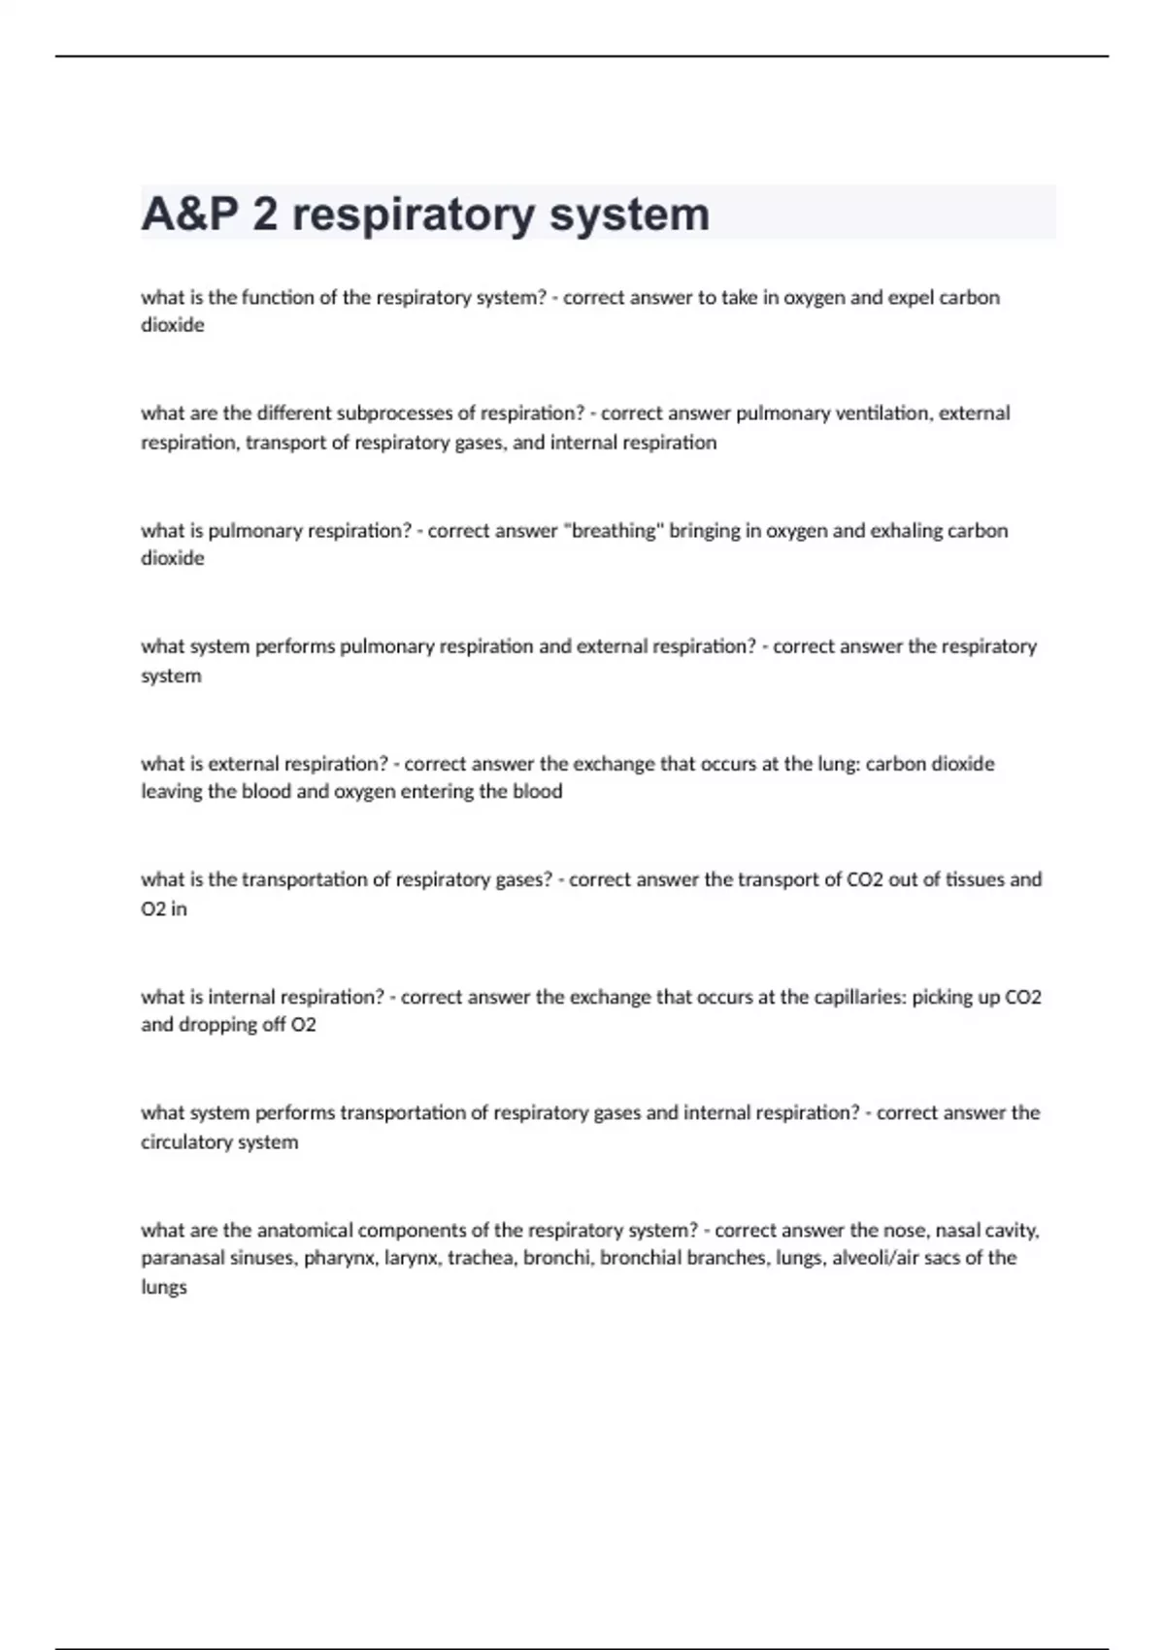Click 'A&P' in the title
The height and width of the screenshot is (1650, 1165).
tap(189, 214)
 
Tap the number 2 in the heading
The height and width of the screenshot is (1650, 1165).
tap(265, 214)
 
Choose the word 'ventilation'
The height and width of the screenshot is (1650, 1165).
tap(882, 413)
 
